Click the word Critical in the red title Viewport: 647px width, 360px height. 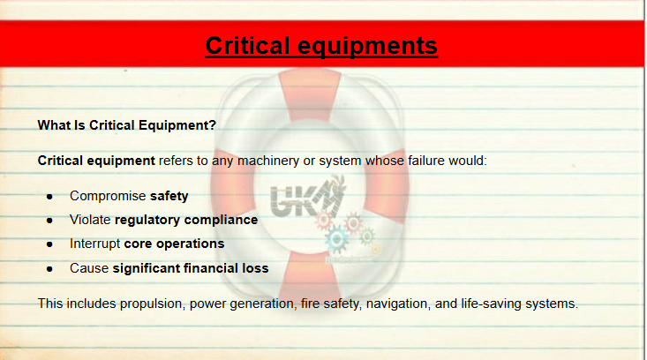click(x=247, y=45)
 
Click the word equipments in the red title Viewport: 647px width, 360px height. click(x=367, y=47)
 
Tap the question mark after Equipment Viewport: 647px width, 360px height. click(x=213, y=125)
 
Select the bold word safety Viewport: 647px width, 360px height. click(x=169, y=196)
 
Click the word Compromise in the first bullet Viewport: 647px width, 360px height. click(x=108, y=196)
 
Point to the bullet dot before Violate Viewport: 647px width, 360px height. click(x=49, y=221)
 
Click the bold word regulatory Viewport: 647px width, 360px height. click(x=147, y=221)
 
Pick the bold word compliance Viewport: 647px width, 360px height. click(x=222, y=221)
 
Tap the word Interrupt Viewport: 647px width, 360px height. click(x=95, y=244)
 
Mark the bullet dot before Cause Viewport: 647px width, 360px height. click(x=49, y=269)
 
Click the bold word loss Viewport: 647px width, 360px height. click(x=255, y=268)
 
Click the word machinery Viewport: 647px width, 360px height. click(x=268, y=161)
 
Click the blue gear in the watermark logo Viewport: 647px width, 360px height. click(x=336, y=239)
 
